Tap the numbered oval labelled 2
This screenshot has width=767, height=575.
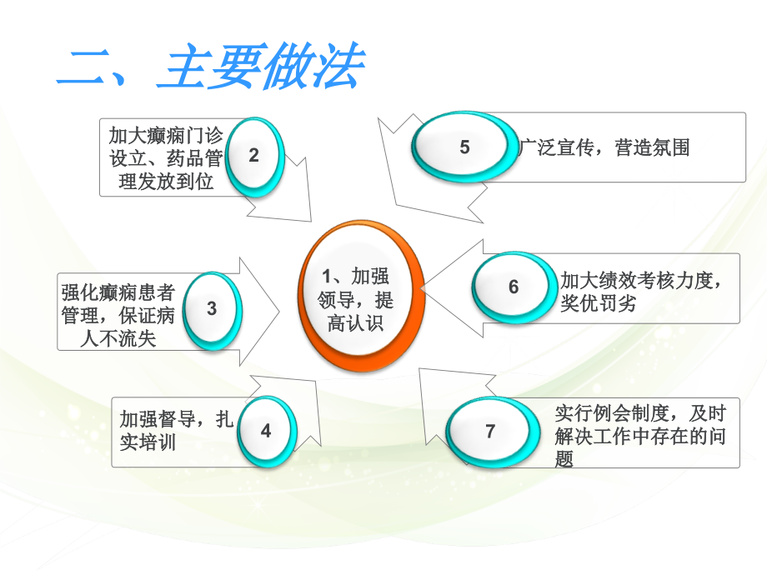[x=253, y=155]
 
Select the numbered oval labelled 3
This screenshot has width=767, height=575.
[x=212, y=309]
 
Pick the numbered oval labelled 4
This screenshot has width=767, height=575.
[x=266, y=431]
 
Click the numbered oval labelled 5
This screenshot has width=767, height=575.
[x=464, y=147]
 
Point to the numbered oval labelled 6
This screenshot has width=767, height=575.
[x=514, y=287]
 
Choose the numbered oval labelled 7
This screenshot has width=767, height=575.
[x=489, y=431]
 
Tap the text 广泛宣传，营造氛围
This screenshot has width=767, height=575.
[x=604, y=148]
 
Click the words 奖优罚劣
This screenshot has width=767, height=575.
[x=598, y=303]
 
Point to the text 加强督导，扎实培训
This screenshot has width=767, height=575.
[x=175, y=430]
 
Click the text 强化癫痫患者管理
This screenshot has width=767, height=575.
[x=118, y=293]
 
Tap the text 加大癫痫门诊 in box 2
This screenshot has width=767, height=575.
[x=166, y=134]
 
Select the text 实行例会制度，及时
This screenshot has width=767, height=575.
[x=640, y=412]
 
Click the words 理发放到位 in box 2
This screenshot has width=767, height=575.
[x=166, y=182]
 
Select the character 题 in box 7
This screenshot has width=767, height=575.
[x=564, y=458]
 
